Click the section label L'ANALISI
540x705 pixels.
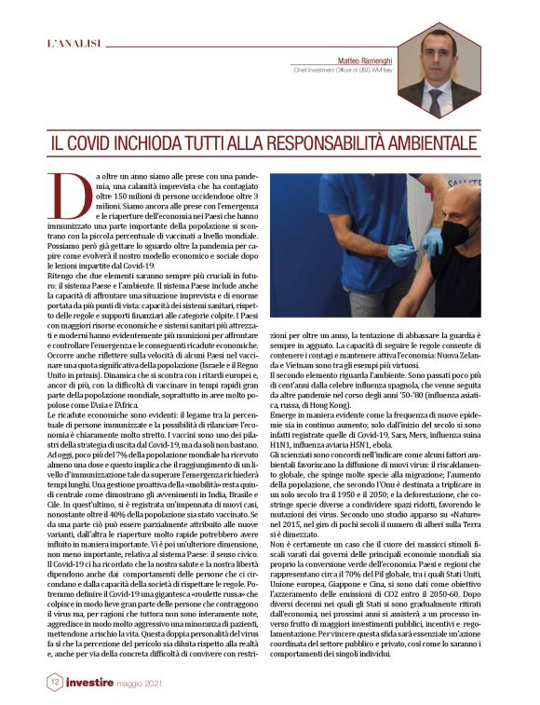coord(72,43)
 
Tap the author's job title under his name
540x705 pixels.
coord(345,69)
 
